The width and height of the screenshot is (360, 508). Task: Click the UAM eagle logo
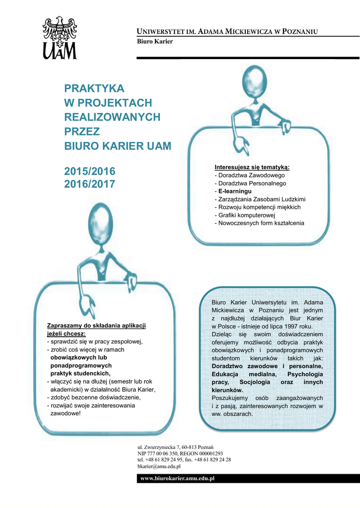click(x=60, y=37)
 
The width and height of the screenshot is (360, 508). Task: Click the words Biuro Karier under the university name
click(x=154, y=42)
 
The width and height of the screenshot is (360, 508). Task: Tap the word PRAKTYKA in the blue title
click(x=94, y=88)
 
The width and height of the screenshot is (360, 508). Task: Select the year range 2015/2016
click(x=89, y=171)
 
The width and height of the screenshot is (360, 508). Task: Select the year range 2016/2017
click(x=89, y=184)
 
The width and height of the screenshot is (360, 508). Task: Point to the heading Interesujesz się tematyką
click(x=252, y=167)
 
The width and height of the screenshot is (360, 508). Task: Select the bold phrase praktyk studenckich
click(x=81, y=373)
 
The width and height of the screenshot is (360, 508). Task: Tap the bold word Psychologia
click(x=305, y=374)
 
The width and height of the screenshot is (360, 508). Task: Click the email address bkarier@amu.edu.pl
click(x=159, y=466)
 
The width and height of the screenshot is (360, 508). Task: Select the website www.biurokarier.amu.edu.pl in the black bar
click(x=177, y=478)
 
